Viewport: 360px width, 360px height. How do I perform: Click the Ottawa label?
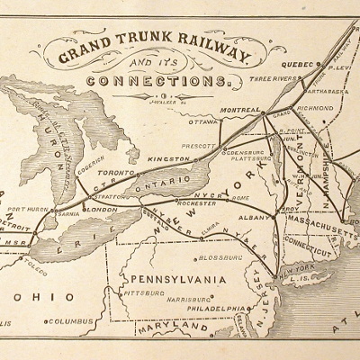pos(205,121)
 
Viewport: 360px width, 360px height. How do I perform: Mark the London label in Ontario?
pos(101,209)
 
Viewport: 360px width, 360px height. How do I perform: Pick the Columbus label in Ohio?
pos(72,346)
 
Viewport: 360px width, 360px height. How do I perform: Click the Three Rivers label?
pos(274,78)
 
